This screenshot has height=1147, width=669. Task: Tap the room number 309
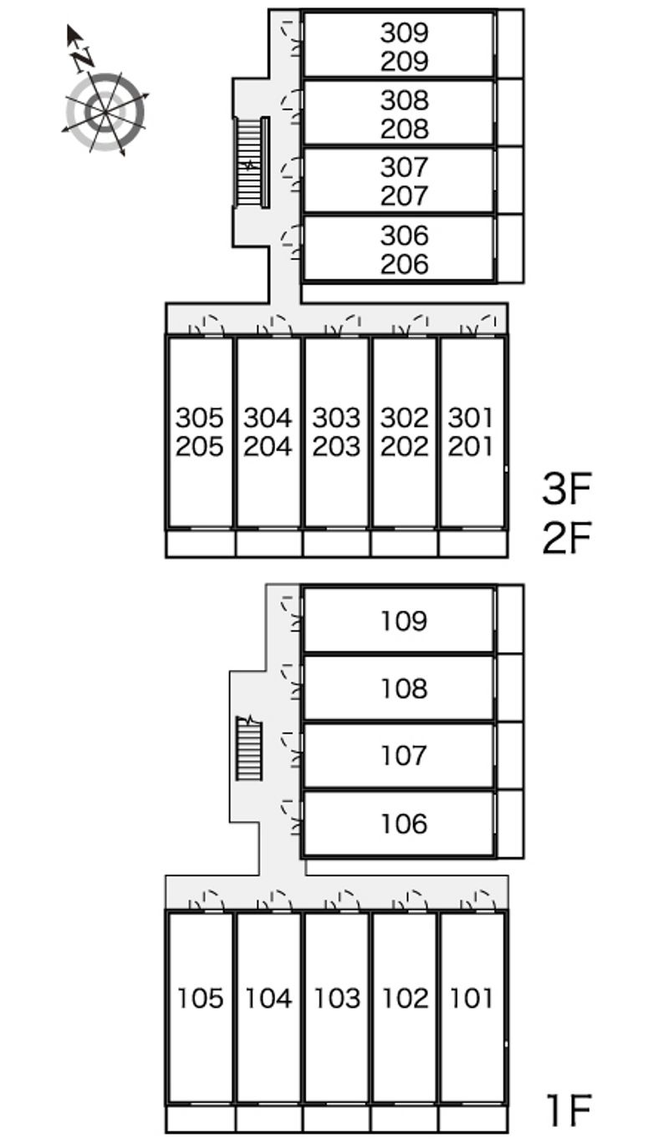tap(404, 33)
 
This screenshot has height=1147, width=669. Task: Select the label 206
tap(404, 264)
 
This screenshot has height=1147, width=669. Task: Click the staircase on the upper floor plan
tap(250, 162)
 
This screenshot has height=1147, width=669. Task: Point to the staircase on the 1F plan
tap(248, 749)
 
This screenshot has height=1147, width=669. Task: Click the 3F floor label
tap(566, 490)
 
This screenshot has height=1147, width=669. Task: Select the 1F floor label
tap(568, 1109)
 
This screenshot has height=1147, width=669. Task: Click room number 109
tap(404, 621)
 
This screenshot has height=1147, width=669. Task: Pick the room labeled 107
tap(404, 756)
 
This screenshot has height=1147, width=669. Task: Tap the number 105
tap(201, 998)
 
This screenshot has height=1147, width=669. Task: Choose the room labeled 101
tap(472, 998)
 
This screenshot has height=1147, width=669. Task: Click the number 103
tap(336, 998)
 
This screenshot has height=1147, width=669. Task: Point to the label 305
tap(200, 417)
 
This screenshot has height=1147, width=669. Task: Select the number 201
tap(472, 446)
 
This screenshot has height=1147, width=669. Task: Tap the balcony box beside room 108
tap(510, 688)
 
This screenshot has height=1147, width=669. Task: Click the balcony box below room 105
tap(200, 1118)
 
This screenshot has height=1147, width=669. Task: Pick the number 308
tap(404, 100)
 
